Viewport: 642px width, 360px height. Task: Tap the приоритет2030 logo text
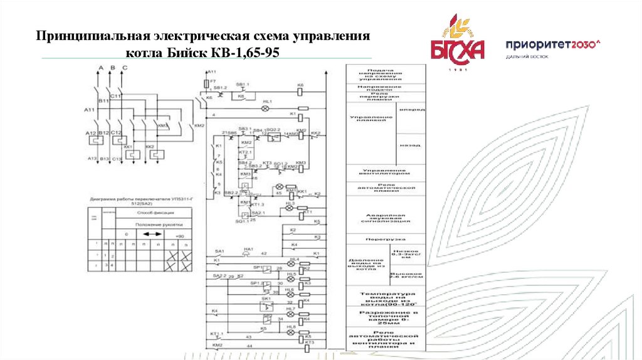[552, 45]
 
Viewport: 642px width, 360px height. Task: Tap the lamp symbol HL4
[290, 260]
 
